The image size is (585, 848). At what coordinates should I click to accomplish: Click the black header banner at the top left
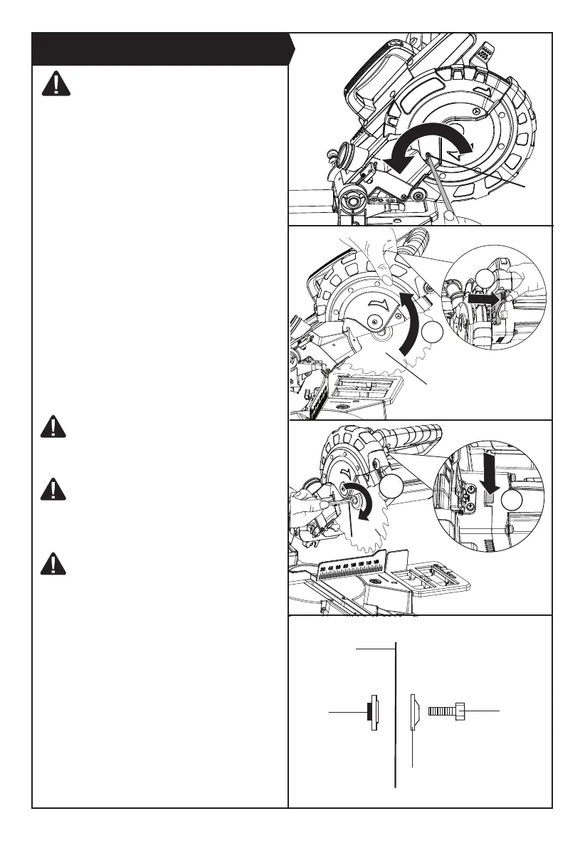click(160, 48)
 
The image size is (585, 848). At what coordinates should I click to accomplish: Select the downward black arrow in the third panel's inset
click(492, 478)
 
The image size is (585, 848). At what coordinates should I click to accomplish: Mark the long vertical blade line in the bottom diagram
click(394, 712)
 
